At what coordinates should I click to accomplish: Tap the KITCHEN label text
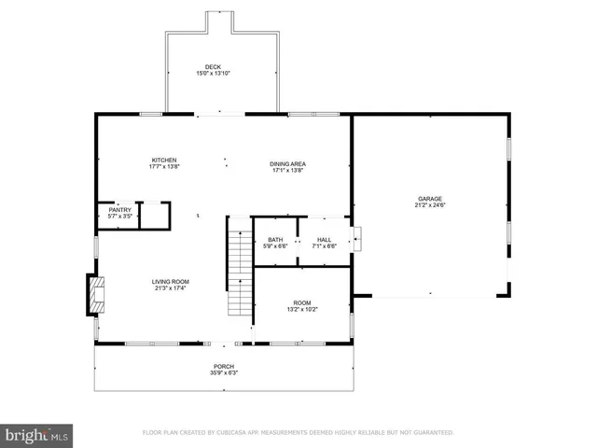(x=164, y=160)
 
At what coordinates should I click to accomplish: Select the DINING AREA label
(x=288, y=163)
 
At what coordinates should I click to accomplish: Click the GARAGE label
(x=429, y=198)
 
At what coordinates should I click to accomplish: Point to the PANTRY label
(x=120, y=210)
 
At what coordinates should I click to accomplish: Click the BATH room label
(x=274, y=240)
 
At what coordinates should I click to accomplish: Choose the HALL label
(x=325, y=240)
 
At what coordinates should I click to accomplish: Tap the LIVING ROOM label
(x=171, y=281)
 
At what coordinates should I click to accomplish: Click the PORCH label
(x=223, y=366)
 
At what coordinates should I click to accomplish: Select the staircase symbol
(x=241, y=271)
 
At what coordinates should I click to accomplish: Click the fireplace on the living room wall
(x=94, y=295)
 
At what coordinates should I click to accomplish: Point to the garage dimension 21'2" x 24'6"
(x=429, y=205)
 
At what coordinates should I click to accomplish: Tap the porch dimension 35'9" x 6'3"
(x=223, y=372)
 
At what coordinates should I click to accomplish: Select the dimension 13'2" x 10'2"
(x=301, y=310)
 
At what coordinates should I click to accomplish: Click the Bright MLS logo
(x=37, y=435)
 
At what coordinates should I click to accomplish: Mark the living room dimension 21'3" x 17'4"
(x=171, y=288)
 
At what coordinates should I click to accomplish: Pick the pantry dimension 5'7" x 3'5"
(x=120, y=217)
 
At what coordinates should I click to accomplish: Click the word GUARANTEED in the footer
(x=433, y=432)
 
